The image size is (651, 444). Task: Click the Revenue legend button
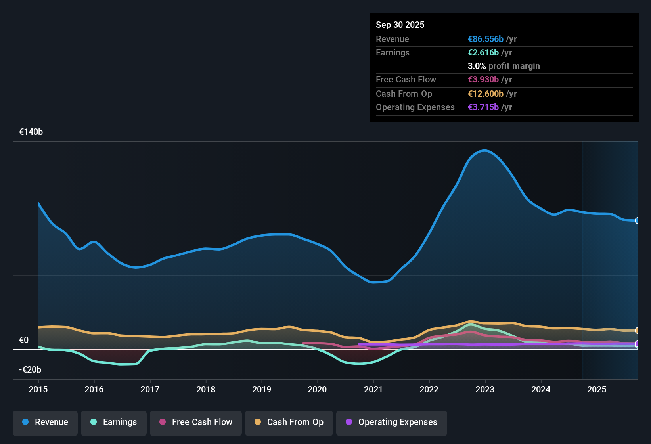coord(45,422)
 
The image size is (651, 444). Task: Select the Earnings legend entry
coord(114,422)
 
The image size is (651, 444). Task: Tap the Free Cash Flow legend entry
coord(196,422)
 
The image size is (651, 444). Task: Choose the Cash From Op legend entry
coord(289,422)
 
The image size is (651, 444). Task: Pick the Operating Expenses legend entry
coord(392,422)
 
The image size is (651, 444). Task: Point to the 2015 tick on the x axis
coord(38,389)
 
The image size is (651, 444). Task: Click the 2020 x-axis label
coord(317,389)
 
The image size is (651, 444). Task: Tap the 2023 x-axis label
coord(485,389)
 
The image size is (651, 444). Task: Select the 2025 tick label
coord(597,389)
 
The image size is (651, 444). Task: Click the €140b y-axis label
coord(31,132)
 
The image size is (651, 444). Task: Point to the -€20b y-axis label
coord(30,370)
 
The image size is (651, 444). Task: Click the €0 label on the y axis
coord(24,340)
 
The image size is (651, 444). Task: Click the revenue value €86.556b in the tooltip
coord(486,39)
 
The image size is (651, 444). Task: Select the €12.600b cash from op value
coord(486,94)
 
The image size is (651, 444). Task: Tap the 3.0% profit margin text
coord(504,66)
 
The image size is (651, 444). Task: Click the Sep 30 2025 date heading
coord(400,25)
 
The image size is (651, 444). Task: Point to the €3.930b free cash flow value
coord(483,80)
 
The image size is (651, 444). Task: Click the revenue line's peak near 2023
coord(484,151)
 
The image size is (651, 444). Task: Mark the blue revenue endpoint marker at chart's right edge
coord(637,221)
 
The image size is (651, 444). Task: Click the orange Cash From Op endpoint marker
coord(637,330)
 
